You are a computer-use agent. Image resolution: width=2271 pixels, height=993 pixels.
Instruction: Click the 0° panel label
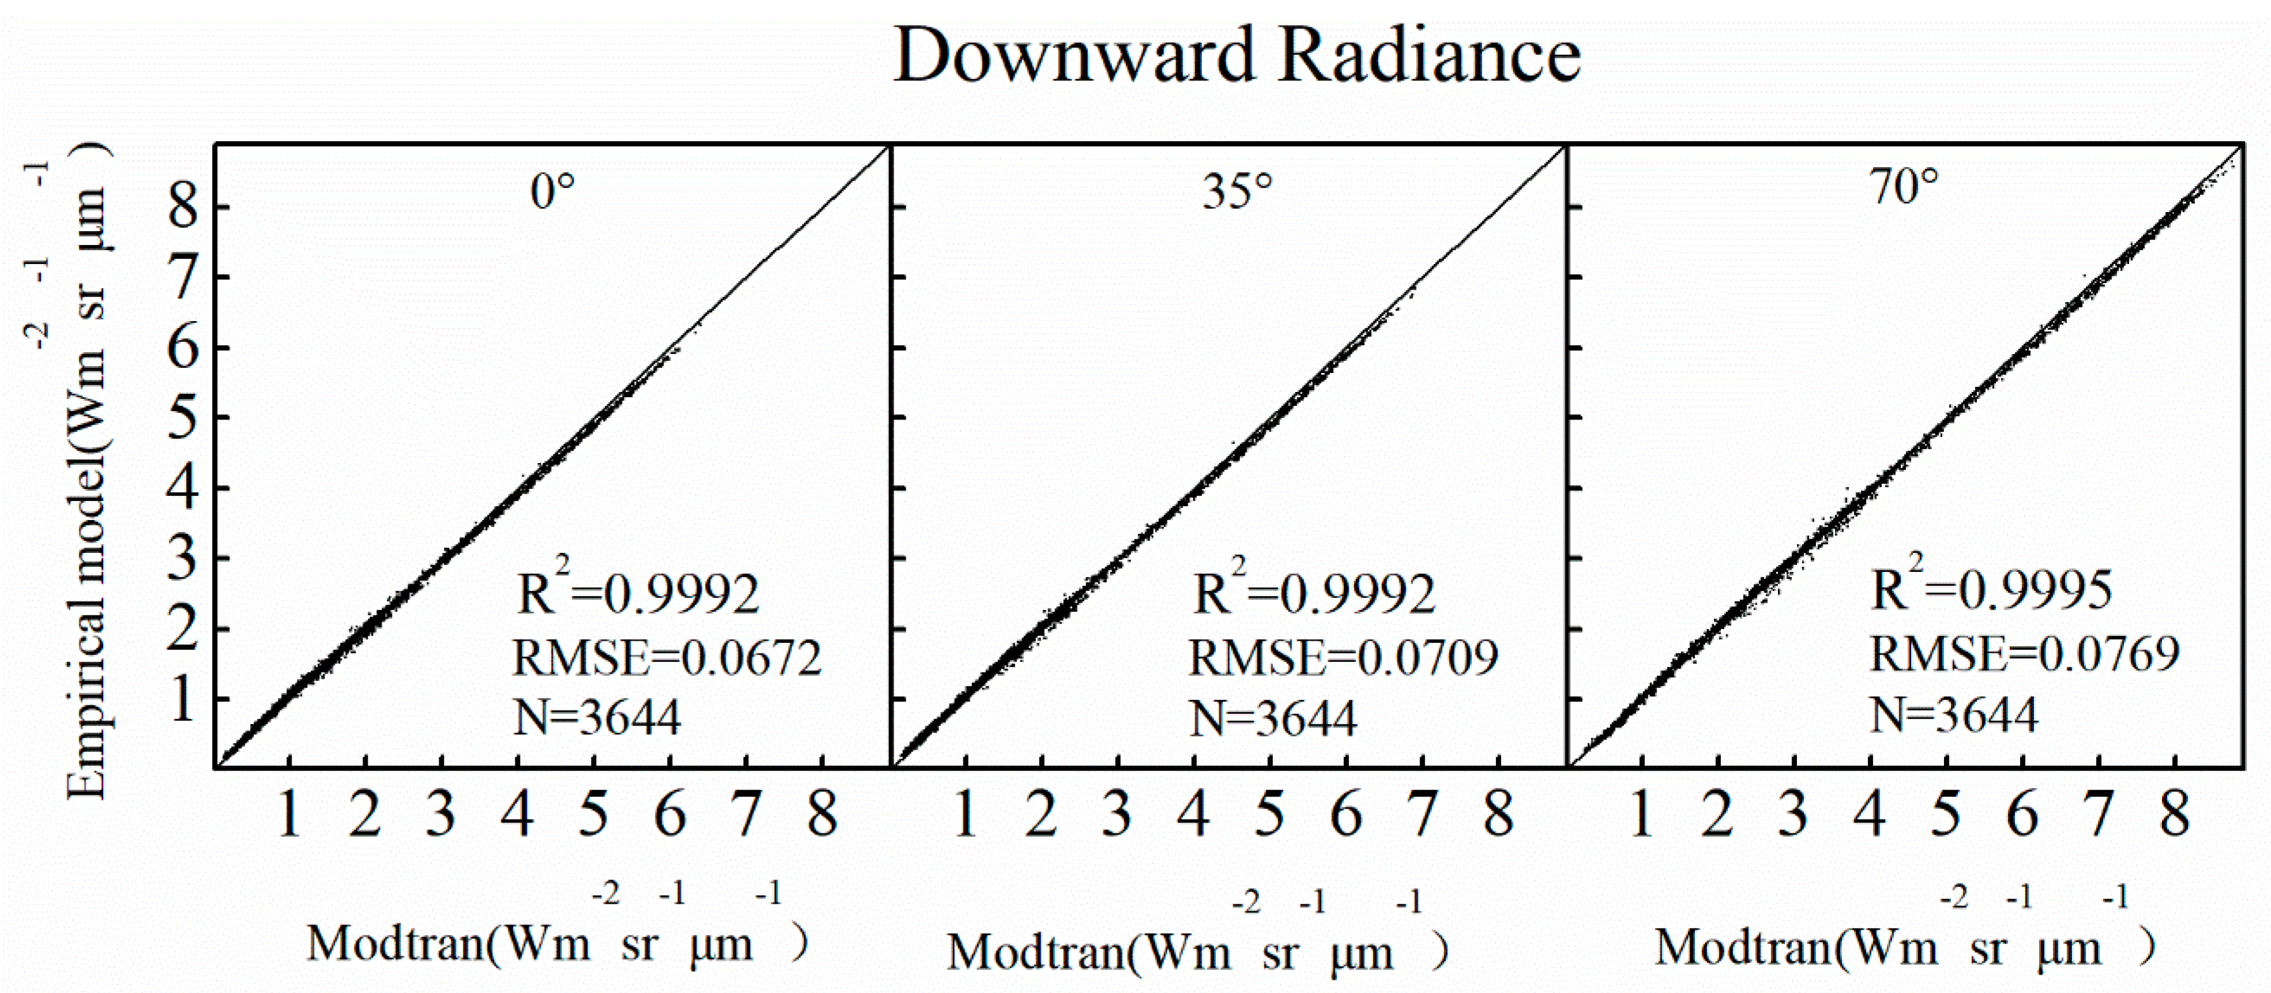point(553,191)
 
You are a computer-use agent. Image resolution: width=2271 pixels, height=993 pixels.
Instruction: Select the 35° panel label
point(1237,191)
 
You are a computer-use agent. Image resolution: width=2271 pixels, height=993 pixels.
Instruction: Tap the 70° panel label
point(1903,187)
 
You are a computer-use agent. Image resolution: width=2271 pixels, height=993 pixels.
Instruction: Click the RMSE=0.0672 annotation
point(667,658)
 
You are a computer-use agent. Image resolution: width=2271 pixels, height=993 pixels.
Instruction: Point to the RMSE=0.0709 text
point(1342,658)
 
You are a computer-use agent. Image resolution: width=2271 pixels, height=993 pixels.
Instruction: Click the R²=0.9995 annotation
point(1991,588)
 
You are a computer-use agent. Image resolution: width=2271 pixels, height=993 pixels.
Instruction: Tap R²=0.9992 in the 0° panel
point(638,591)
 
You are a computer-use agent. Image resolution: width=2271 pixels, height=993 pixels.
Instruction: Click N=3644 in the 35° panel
point(1273,718)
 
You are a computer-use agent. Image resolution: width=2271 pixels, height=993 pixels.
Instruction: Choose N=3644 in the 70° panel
point(1953,714)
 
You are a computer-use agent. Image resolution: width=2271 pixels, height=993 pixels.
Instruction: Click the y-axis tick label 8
point(183,209)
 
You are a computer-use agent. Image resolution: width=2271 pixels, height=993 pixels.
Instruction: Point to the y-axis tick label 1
point(183,700)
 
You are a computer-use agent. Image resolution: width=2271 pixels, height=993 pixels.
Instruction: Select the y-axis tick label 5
point(183,419)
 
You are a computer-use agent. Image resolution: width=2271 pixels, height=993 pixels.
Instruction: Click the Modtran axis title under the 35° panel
point(1196,952)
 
